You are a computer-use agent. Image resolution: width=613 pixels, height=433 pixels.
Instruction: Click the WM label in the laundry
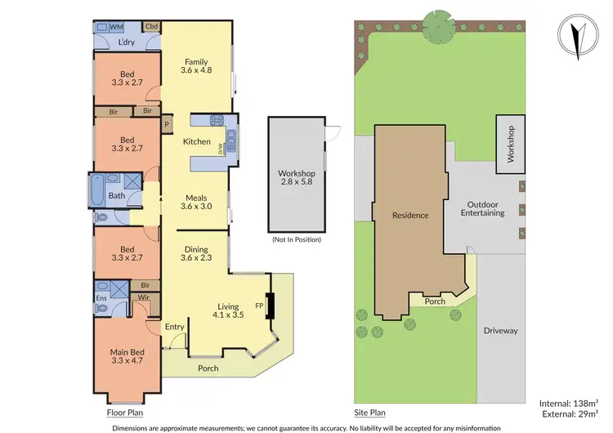116,27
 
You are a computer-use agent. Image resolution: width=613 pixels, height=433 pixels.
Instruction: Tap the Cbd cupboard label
152,26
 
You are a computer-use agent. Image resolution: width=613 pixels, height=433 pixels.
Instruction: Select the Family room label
196,66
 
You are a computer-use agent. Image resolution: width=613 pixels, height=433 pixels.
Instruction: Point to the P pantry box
167,125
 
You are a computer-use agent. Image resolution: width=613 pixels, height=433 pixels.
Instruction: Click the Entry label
176,327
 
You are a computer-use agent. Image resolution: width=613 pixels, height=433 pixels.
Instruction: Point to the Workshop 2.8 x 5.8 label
296,178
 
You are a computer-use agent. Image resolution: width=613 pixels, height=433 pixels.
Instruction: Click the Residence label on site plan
410,216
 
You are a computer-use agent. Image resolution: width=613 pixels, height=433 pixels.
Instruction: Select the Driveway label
501,331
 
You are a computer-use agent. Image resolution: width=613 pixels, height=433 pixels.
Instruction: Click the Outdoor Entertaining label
485,208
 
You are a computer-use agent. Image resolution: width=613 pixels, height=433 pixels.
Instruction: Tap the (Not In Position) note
296,239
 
